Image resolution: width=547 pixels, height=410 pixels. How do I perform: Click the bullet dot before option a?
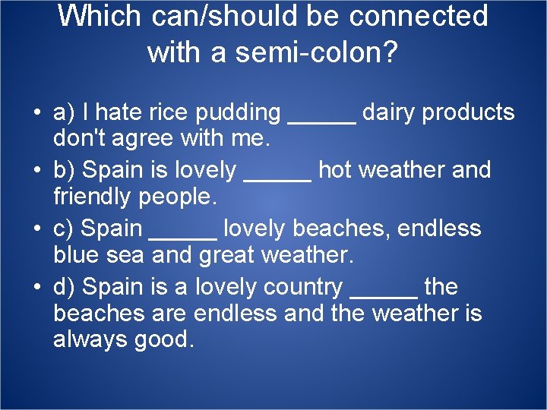click(x=36, y=114)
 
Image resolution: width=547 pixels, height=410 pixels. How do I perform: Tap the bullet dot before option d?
click(x=36, y=289)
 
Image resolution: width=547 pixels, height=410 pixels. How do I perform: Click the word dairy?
click(x=389, y=113)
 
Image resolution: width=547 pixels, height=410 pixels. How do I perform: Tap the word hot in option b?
click(x=334, y=170)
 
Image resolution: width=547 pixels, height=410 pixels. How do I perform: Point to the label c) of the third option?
click(x=64, y=229)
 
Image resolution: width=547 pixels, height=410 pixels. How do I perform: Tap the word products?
click(x=470, y=113)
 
